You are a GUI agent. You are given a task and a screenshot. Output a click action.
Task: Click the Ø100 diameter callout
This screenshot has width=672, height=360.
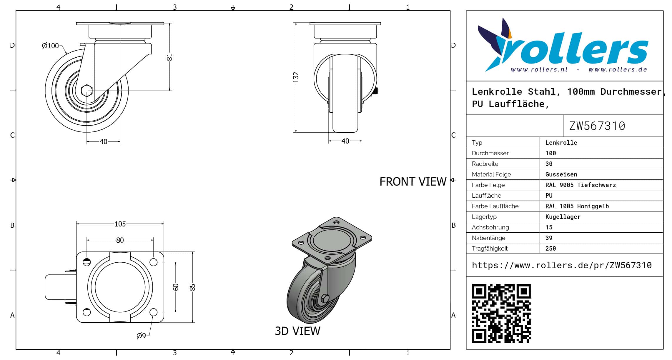[x=50, y=46]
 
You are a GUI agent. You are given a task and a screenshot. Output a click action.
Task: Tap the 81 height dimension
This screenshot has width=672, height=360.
[x=170, y=57]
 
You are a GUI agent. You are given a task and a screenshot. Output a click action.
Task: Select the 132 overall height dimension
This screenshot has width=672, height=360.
[x=296, y=77]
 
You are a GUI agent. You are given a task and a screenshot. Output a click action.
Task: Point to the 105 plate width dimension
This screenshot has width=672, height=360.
[x=120, y=224]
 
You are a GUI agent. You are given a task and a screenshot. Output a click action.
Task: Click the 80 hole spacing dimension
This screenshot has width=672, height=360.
[x=120, y=240]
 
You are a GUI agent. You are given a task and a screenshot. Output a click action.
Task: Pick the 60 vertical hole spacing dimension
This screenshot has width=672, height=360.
[x=176, y=287]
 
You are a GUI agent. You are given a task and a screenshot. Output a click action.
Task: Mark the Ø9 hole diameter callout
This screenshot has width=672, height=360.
[x=141, y=336]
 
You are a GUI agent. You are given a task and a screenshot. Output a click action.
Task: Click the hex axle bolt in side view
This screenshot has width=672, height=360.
[x=87, y=91]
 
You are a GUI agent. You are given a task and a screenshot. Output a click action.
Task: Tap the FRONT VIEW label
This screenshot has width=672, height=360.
[x=413, y=182]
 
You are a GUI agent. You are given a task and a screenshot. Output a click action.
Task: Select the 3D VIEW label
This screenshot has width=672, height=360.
[x=297, y=331]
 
